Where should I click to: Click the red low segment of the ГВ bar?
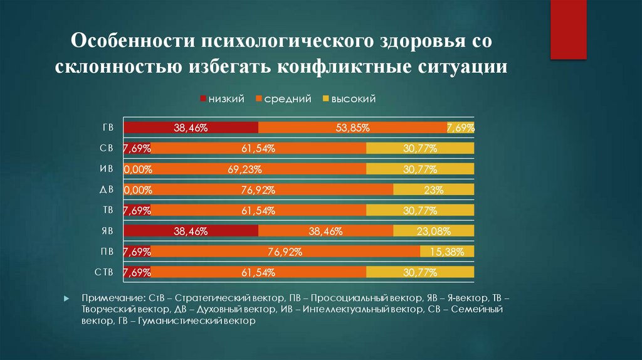point(191,127)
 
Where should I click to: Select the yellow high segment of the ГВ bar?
point(460,127)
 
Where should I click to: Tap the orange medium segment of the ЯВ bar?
point(325,231)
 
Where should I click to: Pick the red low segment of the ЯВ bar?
point(191,231)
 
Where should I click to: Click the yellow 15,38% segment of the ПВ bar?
point(447,251)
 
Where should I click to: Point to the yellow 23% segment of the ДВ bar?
point(433,189)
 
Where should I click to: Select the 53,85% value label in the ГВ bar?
point(352,128)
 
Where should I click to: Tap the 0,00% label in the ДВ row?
point(137,190)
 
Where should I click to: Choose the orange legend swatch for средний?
point(259,99)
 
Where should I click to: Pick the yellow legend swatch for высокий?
point(325,99)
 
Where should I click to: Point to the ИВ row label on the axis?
point(106,169)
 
